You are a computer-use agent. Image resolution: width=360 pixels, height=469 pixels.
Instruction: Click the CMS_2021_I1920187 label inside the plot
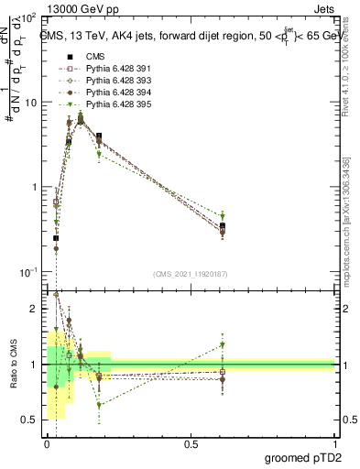[190, 274]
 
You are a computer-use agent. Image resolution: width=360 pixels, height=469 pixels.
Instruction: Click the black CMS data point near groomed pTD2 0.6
[223, 225]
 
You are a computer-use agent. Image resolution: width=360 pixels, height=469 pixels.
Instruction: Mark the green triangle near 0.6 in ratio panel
[223, 345]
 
